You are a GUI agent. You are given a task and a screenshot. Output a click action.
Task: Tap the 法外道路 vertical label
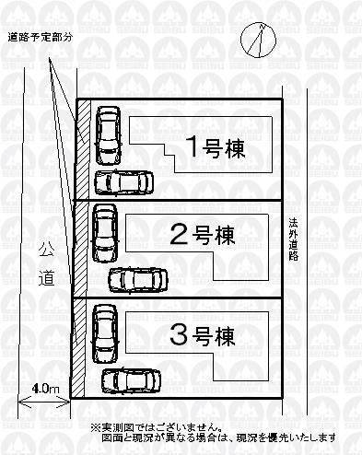coord(293,239)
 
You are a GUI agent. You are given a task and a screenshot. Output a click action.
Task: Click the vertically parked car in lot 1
coord(107,134)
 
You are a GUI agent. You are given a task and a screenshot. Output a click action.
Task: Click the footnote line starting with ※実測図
coord(155,427)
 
